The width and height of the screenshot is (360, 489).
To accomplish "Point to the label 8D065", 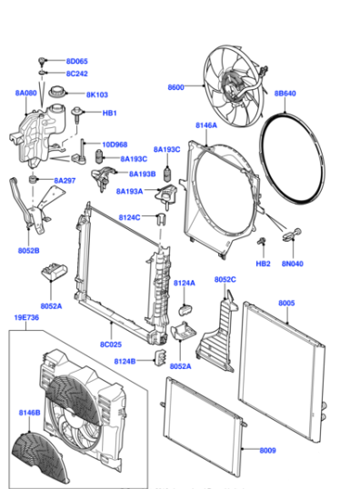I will pos(76,61).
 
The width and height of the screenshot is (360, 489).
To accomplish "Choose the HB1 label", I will pos(109,114).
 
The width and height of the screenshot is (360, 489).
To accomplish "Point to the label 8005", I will pos(286,303).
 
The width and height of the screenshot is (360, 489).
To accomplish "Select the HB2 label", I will pos(263,264).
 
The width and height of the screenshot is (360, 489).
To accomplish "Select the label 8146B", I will pos(27,414).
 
